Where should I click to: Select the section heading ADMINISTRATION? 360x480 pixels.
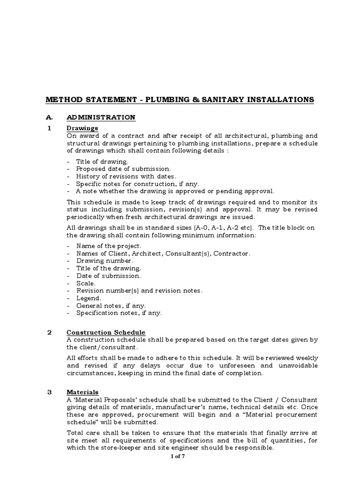click(x=101, y=117)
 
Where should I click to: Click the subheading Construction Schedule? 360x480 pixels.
click(x=106, y=332)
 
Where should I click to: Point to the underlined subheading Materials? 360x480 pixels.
click(x=82, y=392)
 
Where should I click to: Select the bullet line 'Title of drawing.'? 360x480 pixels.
click(x=102, y=161)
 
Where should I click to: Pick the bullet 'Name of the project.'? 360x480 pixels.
click(x=109, y=246)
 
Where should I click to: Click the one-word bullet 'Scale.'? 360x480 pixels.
click(x=86, y=283)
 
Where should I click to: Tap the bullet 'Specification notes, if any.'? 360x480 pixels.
click(x=119, y=313)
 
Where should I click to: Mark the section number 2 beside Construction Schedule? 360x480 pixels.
click(x=50, y=332)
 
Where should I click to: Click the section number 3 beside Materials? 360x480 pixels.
click(x=50, y=392)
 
